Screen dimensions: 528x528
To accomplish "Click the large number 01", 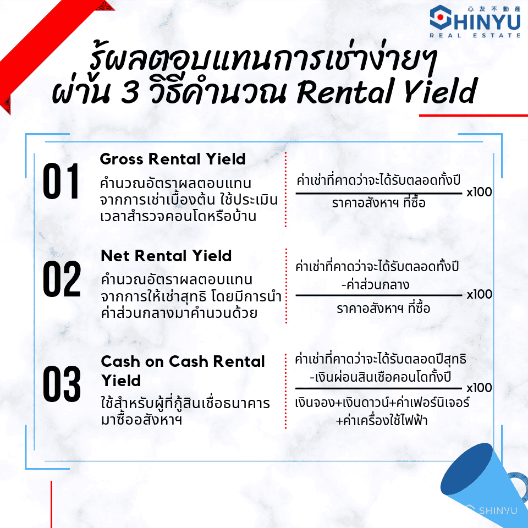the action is point(61,181).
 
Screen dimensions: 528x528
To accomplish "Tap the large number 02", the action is point(62,278).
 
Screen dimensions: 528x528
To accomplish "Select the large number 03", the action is point(62,384).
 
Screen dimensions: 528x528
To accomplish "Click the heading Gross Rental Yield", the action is point(173,159).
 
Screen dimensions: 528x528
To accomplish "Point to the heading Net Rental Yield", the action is point(166,256).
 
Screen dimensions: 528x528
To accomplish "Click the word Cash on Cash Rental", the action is point(183,361).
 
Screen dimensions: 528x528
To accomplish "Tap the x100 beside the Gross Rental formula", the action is point(479,192).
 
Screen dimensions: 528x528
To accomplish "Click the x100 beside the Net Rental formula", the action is point(480,294).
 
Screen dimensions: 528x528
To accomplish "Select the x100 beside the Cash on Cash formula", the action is point(479,388).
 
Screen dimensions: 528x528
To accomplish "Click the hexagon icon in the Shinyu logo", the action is point(441,17).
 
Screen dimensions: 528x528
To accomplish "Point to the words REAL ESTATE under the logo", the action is point(475,35).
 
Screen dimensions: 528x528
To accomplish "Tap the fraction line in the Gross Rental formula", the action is point(379,194).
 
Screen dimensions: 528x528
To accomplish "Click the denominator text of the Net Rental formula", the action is point(383,308).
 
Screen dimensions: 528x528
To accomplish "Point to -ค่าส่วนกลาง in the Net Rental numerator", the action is point(376,285).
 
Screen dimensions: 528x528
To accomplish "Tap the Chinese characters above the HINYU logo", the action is point(494,9).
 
